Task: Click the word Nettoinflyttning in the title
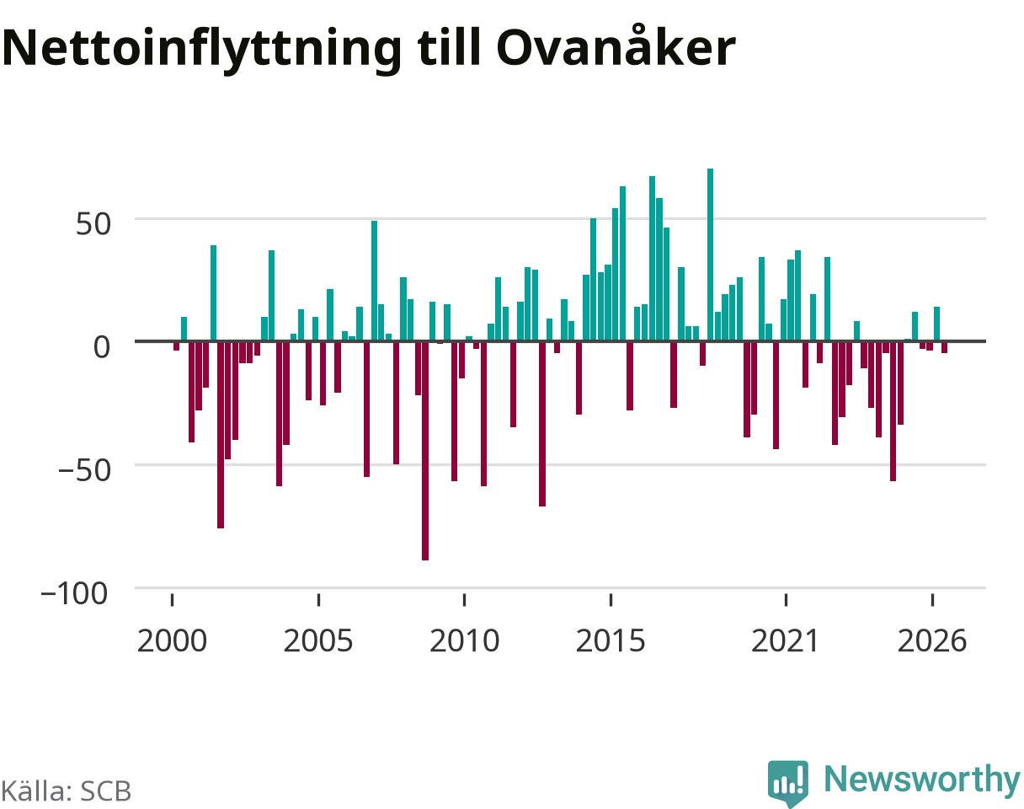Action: pyautogui.click(x=202, y=50)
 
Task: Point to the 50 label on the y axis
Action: pyautogui.click(x=93, y=224)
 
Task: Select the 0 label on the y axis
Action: pyautogui.click(x=102, y=347)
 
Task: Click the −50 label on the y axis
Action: pyautogui.click(x=85, y=470)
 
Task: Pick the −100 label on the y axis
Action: pyautogui.click(x=75, y=594)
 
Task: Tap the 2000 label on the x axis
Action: pyautogui.click(x=172, y=641)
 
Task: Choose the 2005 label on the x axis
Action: pyautogui.click(x=318, y=641)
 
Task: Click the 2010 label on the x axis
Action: pyautogui.click(x=464, y=641)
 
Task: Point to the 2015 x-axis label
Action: pyautogui.click(x=611, y=641)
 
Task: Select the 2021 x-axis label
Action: pyautogui.click(x=786, y=641)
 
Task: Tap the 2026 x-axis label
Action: pyautogui.click(x=932, y=641)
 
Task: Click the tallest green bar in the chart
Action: pyautogui.click(x=710, y=254)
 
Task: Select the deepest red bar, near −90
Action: pyautogui.click(x=425, y=451)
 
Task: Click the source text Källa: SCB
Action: pyautogui.click(x=67, y=791)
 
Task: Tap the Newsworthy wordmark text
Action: pyautogui.click(x=922, y=780)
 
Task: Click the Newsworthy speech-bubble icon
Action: pyautogui.click(x=788, y=782)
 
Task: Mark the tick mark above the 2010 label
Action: pyautogui.click(x=464, y=600)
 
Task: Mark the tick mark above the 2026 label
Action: pyautogui.click(x=932, y=600)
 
